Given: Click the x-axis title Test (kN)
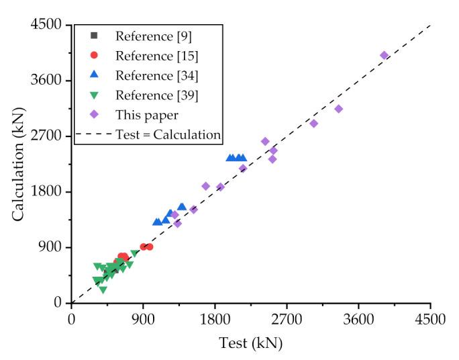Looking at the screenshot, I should click(250, 343).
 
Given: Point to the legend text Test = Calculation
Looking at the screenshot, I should click(168, 134).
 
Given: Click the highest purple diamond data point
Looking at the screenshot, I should click(384, 56).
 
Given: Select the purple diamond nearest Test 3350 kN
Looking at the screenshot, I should click(338, 109).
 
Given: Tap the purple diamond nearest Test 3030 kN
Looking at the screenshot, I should click(313, 124).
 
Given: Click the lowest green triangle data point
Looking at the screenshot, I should click(103, 290).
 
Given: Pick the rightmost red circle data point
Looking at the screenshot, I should click(149, 247).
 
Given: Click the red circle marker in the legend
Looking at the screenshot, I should click(95, 55).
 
